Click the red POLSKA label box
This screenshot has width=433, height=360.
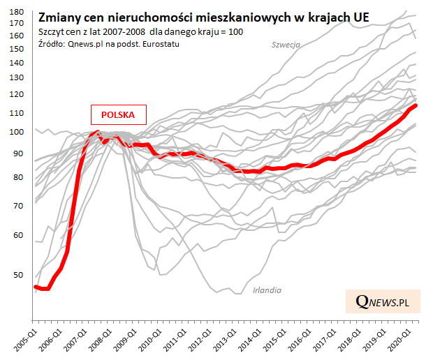pos(117,114)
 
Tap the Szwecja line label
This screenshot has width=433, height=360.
pos(286,45)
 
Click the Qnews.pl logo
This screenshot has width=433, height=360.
pos(381,301)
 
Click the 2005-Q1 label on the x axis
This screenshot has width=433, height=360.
pos(25,339)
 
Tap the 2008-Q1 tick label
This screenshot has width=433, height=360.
pos(102,339)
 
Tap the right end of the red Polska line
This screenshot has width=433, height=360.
pos(416,105)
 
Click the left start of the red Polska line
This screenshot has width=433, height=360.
pos(36,287)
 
